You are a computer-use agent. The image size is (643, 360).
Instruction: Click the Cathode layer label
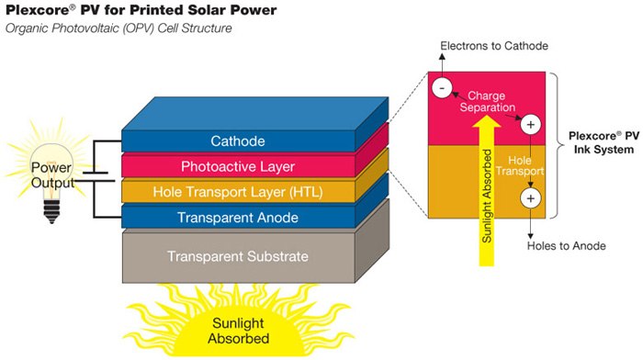pyautogui.click(x=237, y=141)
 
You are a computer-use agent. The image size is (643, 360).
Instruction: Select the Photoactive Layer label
pyautogui.click(x=237, y=166)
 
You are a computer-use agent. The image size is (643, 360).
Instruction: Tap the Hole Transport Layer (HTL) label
pyautogui.click(x=237, y=192)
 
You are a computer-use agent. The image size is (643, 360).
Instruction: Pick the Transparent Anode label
pyautogui.click(x=237, y=217)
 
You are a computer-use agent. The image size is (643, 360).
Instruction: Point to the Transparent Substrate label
pyautogui.click(x=237, y=256)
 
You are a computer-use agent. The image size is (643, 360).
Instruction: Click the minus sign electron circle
pyautogui.click(x=442, y=88)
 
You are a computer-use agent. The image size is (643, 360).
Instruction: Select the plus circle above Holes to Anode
pyautogui.click(x=530, y=197)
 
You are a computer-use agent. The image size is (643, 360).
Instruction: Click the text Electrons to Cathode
pyautogui.click(x=494, y=45)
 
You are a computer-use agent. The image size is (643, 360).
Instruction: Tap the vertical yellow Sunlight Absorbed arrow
pyautogui.click(x=483, y=193)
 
